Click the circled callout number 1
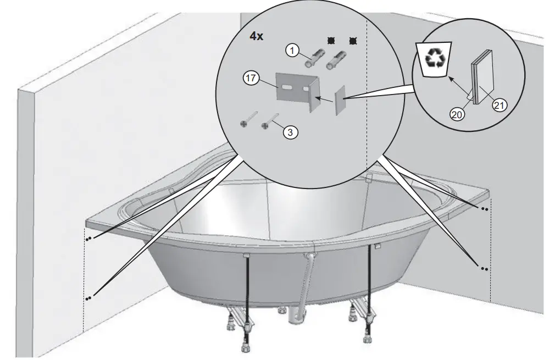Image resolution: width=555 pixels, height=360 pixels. [292, 50]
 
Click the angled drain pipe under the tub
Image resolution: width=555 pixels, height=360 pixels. [306, 286]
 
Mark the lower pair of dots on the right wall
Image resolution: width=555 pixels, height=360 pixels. [484, 269]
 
